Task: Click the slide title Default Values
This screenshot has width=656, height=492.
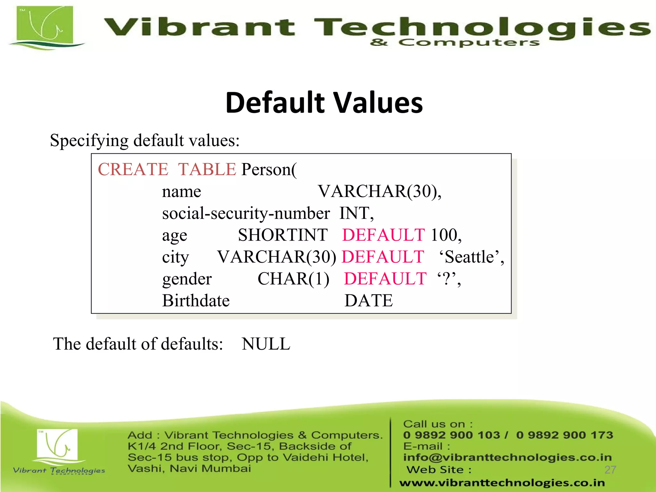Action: click(x=324, y=103)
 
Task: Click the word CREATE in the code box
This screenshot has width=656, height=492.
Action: click(x=133, y=169)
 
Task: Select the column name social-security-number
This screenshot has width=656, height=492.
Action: click(x=246, y=213)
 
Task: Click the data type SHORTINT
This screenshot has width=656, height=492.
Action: click(x=283, y=235)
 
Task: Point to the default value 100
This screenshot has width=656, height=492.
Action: click(x=444, y=235)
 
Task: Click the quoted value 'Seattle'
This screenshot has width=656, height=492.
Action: click(x=470, y=257)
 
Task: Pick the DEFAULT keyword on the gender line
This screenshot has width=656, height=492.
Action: click(x=385, y=279)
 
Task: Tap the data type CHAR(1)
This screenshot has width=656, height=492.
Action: click(x=293, y=279)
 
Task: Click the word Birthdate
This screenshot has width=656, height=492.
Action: click(x=196, y=300)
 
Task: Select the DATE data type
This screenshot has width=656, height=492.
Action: click(x=368, y=300)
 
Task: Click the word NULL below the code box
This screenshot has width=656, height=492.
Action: click(x=266, y=344)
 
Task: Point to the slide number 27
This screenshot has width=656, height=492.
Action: click(x=610, y=470)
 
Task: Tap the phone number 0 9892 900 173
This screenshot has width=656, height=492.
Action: click(x=564, y=435)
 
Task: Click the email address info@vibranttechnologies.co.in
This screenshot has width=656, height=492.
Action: click(x=507, y=457)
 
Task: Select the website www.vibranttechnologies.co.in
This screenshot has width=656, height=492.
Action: click(x=502, y=482)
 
